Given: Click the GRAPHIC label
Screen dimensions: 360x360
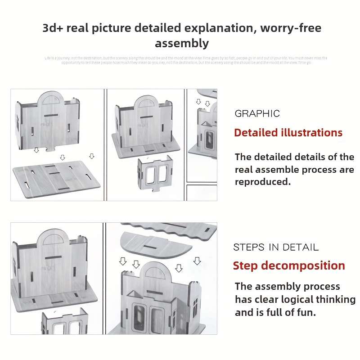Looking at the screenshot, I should point(257,114).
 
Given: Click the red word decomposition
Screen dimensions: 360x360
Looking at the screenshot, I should point(303,265).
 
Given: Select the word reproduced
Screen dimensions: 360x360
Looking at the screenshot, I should point(263,182).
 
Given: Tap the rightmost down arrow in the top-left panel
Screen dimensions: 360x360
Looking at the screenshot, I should point(92,156).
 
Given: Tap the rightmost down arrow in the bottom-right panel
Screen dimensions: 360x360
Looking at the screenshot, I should point(197,261).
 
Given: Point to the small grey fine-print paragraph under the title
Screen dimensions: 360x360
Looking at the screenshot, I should point(185,60).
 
